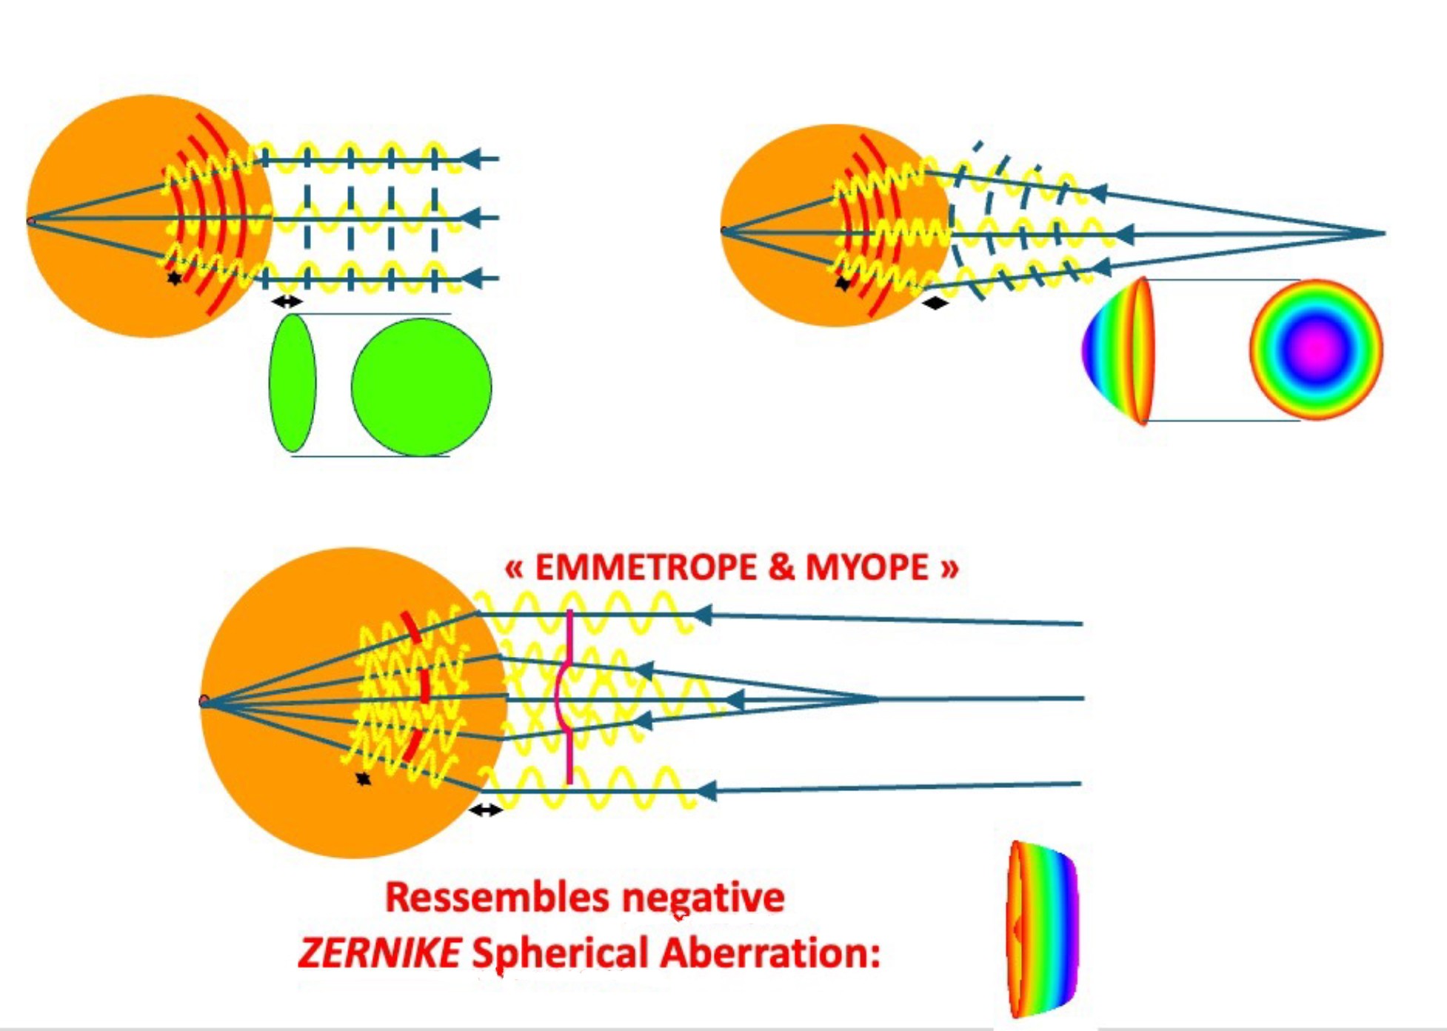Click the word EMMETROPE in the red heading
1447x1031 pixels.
pyautogui.click(x=646, y=568)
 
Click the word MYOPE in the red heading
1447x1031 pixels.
pyautogui.click(x=866, y=568)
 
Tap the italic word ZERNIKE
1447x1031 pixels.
pyautogui.click(x=379, y=952)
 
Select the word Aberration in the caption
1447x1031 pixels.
pyautogui.click(x=770, y=952)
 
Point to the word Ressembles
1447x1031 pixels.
pyautogui.click(x=498, y=898)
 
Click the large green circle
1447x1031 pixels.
pyautogui.click(x=421, y=387)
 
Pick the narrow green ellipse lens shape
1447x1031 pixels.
pyautogui.click(x=293, y=383)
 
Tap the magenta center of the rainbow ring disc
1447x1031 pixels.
pyautogui.click(x=1316, y=347)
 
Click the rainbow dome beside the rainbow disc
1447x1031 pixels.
pyautogui.click(x=1118, y=350)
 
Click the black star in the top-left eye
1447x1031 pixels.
pyautogui.click(x=174, y=278)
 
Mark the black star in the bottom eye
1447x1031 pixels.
pyautogui.click(x=363, y=778)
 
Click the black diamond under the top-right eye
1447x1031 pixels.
pyautogui.click(x=935, y=302)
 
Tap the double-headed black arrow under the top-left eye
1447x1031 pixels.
pyautogui.click(x=287, y=301)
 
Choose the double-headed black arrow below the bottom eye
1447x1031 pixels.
pyautogui.click(x=486, y=810)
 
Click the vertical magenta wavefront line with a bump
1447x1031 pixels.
pyautogui.click(x=569, y=696)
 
